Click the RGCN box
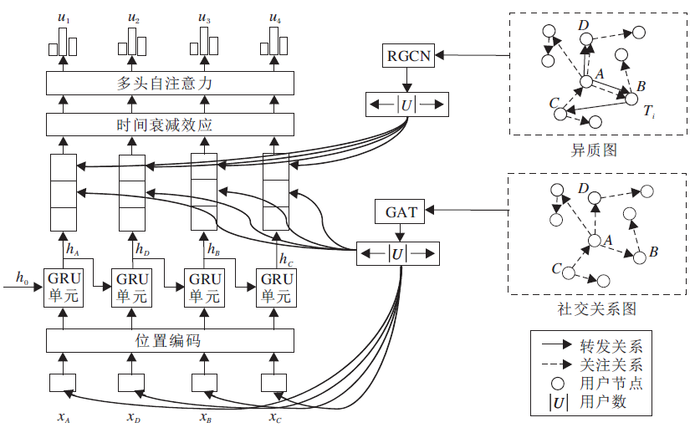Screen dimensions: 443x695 tap(406, 56)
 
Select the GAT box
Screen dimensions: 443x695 tap(401, 212)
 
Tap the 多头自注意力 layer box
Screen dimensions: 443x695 tap(171, 83)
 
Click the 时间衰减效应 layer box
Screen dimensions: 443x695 tap(171, 125)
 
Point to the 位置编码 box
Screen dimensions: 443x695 tap(171, 340)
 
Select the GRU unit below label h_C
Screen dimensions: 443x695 tap(275, 288)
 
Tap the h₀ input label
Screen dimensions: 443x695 tap(22, 276)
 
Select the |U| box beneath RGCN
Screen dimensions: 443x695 tap(407, 105)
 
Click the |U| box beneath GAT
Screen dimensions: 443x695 tap(398, 253)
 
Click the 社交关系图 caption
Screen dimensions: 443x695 tap(596, 309)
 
